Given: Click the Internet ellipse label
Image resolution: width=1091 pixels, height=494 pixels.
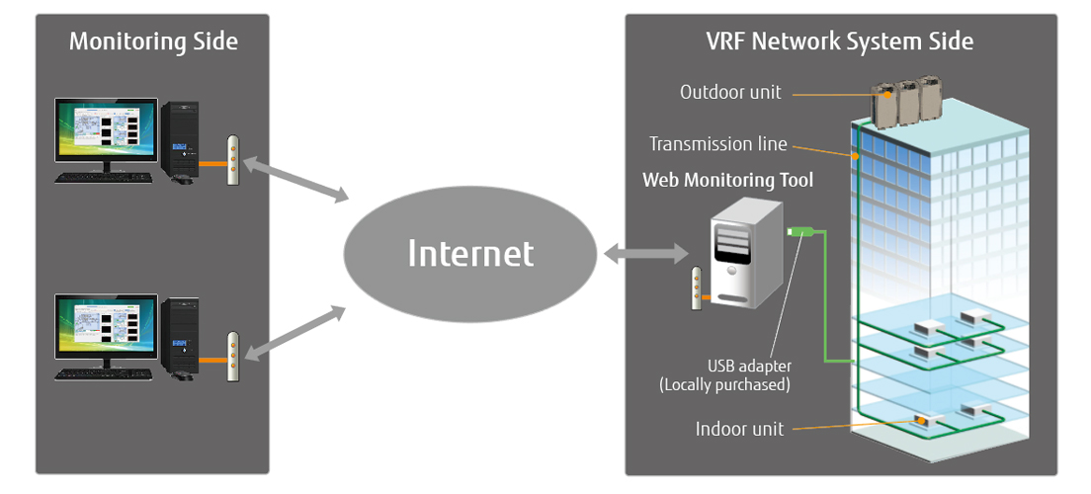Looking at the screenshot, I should [470, 253].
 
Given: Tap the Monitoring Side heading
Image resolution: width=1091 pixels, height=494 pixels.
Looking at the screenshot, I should [153, 41].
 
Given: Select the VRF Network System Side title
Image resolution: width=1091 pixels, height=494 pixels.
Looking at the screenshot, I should [840, 41].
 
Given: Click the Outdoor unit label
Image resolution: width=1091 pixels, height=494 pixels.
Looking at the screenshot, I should [730, 92].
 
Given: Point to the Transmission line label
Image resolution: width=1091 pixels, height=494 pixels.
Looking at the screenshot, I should [717, 144].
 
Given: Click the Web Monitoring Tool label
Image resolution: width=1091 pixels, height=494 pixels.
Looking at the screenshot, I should [728, 180].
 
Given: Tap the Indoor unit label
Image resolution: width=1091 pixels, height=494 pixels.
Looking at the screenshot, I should [739, 429].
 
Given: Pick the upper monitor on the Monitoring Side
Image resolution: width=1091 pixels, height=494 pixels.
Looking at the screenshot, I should [105, 134].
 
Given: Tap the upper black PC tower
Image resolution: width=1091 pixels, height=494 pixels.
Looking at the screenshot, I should [181, 141].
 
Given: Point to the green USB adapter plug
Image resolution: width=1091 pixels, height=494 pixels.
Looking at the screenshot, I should [799, 233].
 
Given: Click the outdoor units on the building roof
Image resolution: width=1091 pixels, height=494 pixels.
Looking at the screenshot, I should [903, 100].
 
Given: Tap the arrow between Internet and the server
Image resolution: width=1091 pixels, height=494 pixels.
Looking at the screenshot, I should [645, 255].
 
